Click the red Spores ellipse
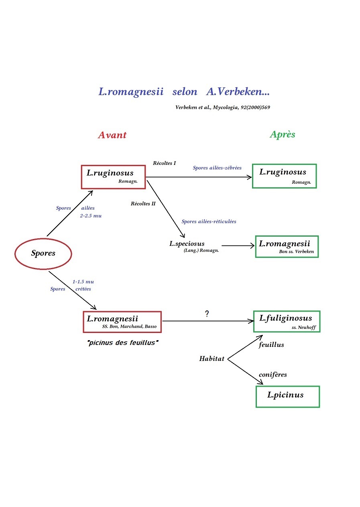tap(43, 253)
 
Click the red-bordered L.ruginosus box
tap(113, 176)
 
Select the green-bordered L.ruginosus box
tap(284, 176)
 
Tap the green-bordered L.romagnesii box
tap(287, 246)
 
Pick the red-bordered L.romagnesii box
tap(122, 322)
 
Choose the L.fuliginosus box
tap(287, 321)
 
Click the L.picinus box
tap(287, 396)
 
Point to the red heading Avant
tap(112, 135)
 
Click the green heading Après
tap(283, 134)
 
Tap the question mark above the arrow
tap(207, 314)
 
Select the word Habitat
tap(212, 359)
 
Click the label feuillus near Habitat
tap(271, 345)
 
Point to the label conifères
tap(273, 375)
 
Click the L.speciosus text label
tap(187, 243)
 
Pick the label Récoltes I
tap(164, 163)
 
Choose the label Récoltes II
tap(143, 203)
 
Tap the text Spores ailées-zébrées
tap(217, 168)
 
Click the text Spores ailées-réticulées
tap(209, 221)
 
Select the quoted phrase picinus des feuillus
tap(121, 343)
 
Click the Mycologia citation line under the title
tap(225, 107)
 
